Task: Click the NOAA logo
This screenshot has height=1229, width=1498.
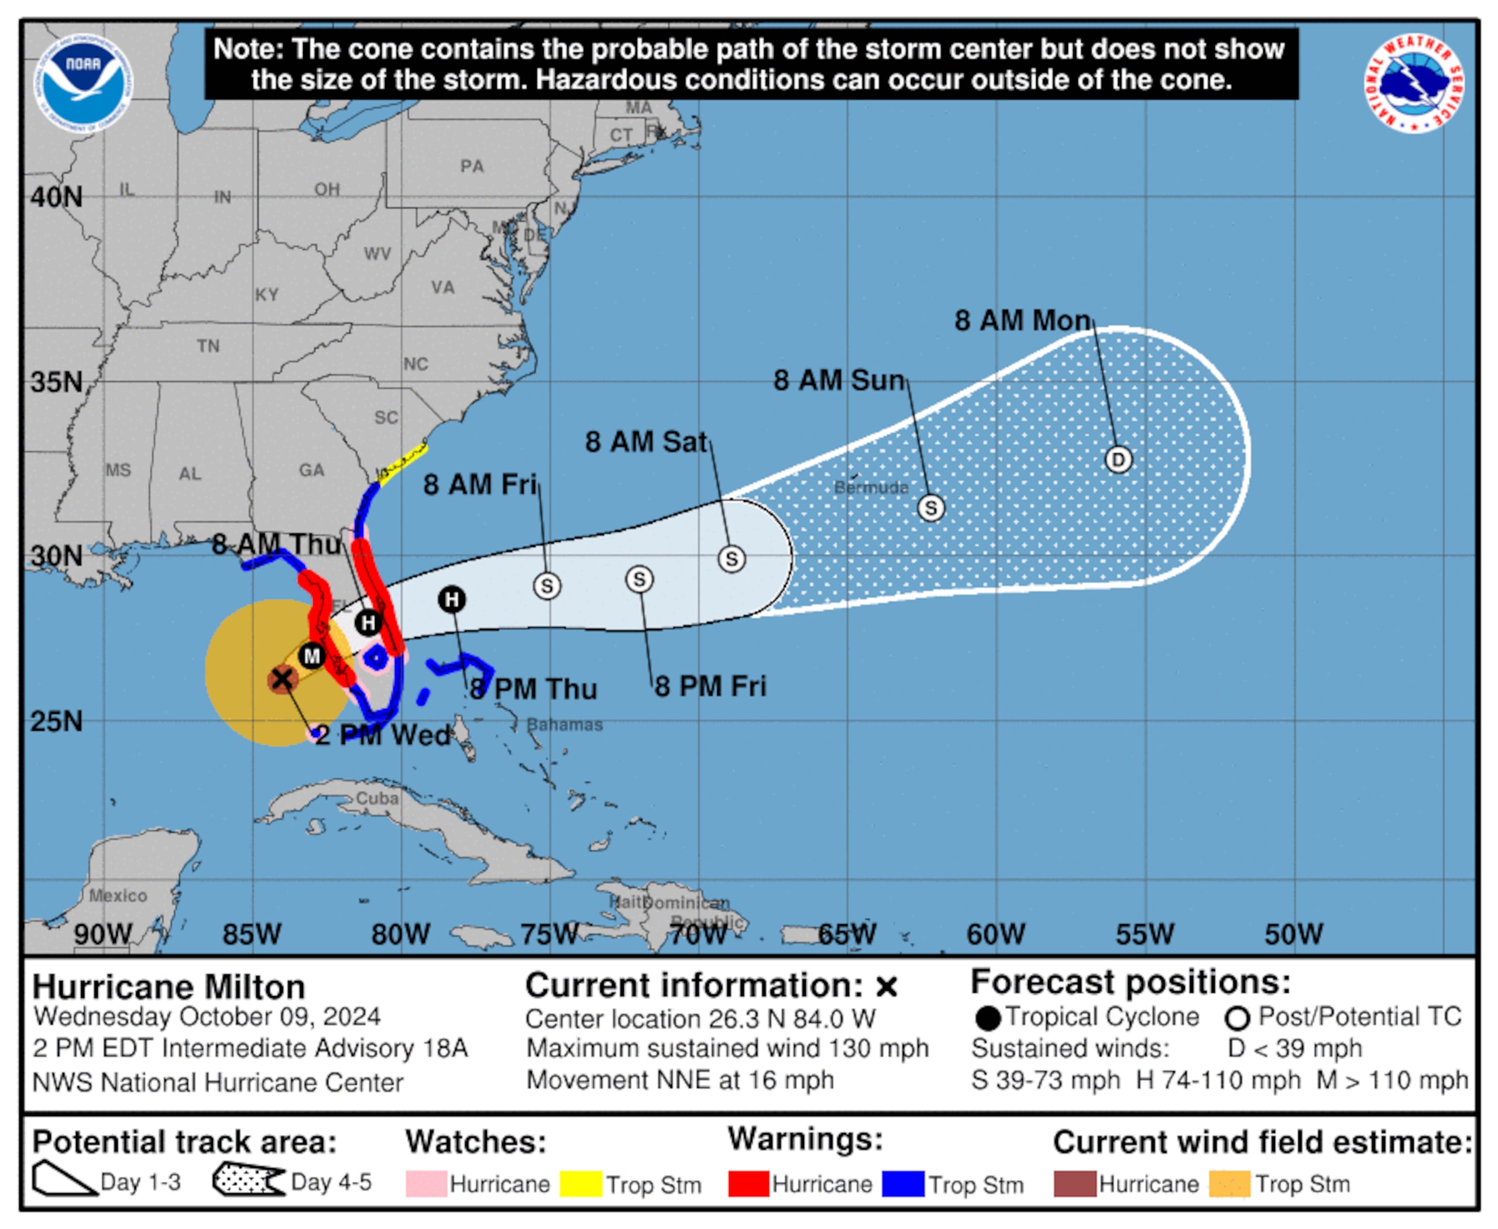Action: [84, 83]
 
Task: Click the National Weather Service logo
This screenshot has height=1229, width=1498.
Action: [1414, 83]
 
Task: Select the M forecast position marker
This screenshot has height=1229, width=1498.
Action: [312, 656]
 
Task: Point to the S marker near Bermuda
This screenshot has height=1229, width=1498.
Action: [930, 508]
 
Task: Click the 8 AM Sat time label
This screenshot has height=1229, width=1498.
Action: [645, 442]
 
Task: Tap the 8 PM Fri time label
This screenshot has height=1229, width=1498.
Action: [710, 686]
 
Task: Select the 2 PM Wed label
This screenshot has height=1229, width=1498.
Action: [383, 735]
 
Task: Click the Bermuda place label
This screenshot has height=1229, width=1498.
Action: [871, 487]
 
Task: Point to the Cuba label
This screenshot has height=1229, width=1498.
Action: [377, 798]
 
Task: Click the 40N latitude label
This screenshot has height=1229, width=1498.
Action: [57, 197]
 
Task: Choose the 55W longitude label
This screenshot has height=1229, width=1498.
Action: [1145, 934]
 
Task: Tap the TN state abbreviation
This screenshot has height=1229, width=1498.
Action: [208, 346]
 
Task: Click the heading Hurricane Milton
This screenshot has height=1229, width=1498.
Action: [169, 986]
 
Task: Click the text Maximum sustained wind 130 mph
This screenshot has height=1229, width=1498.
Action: [727, 1048]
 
